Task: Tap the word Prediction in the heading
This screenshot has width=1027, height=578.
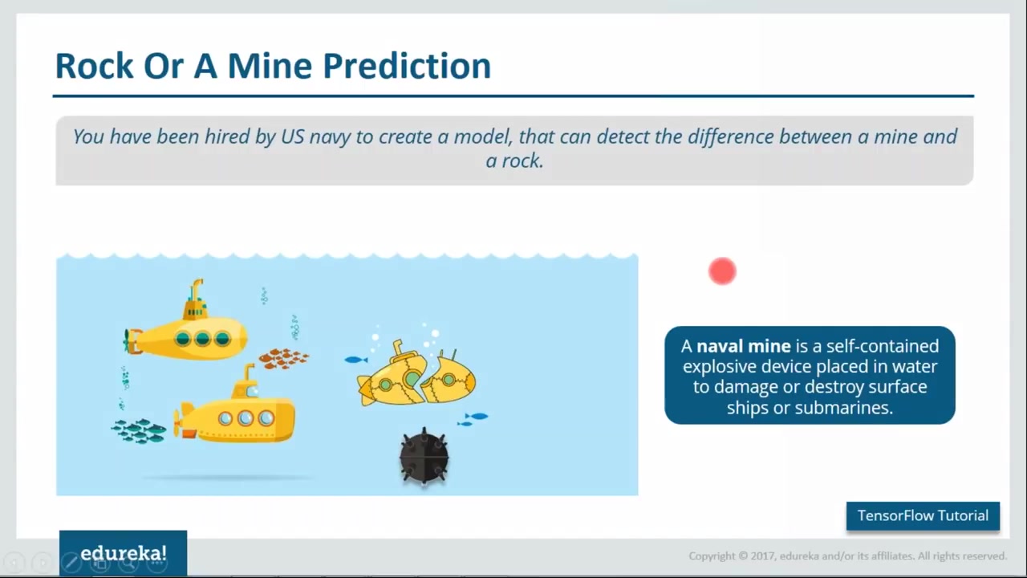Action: coord(407,66)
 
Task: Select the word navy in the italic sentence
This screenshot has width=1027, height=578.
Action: coord(329,137)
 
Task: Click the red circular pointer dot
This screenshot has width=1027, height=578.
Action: coord(722,271)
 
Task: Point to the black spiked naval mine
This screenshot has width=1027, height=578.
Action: coord(424,457)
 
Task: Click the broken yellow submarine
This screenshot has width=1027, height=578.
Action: coord(416,373)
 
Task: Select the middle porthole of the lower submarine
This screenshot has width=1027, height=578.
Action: coord(246,418)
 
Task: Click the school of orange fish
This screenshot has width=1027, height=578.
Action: coord(284,358)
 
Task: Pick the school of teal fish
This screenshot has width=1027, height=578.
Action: coord(139,431)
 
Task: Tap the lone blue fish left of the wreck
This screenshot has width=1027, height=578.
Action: coord(355,360)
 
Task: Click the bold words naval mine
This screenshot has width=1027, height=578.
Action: coord(743,346)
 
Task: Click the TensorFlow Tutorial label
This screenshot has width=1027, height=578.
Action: coord(923,515)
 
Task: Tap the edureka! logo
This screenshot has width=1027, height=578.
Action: coord(124,553)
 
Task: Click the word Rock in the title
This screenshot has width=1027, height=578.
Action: coord(95,66)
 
